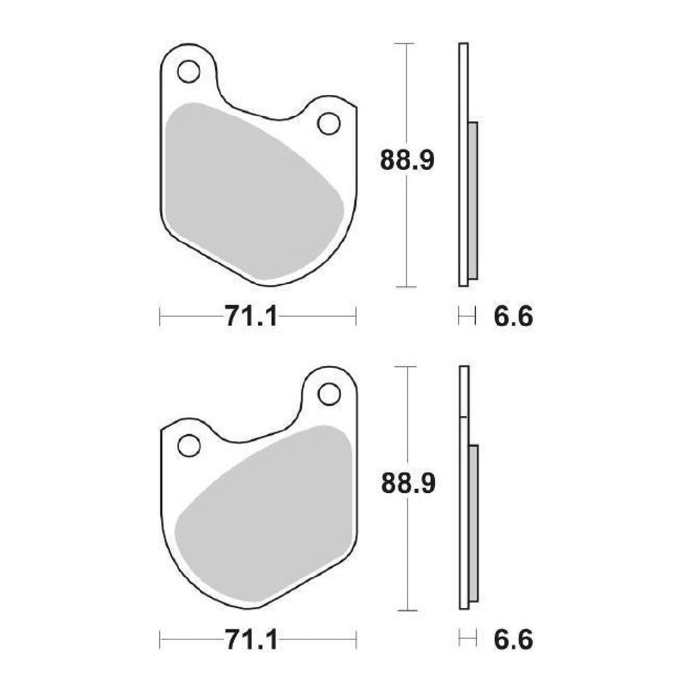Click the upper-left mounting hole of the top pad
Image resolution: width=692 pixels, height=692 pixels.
point(189,72)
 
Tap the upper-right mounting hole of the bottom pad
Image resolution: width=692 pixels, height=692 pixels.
point(328,393)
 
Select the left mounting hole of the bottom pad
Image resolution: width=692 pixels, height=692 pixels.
point(189,445)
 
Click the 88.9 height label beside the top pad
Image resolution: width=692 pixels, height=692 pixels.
point(408,161)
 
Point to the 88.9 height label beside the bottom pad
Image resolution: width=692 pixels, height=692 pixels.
point(408,483)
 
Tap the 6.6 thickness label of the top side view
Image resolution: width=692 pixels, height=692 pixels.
point(512,316)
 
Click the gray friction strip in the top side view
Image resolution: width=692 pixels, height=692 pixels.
point(473,200)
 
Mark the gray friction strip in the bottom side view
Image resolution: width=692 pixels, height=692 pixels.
point(473,524)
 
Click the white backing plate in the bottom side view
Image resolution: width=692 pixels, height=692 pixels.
point(463,393)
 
